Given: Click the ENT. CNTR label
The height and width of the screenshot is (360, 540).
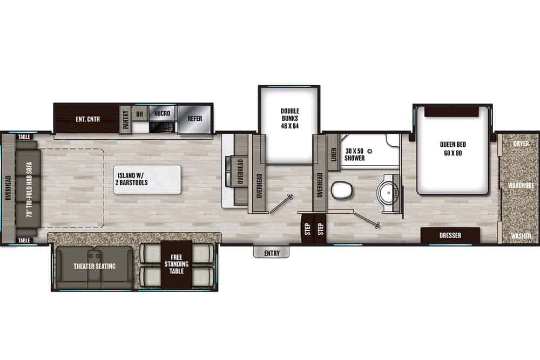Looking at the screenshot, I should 87,118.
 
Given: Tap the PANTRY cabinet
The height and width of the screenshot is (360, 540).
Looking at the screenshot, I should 126,119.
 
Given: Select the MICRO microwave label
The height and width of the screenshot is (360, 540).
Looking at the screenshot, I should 162,113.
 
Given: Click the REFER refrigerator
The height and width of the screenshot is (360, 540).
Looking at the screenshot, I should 194,118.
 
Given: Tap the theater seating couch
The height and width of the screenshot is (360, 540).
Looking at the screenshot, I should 94,266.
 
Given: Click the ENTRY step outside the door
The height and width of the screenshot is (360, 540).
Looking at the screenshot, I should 272,253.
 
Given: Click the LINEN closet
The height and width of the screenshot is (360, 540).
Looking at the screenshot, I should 333,154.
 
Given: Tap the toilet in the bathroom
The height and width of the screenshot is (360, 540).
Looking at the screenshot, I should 341,190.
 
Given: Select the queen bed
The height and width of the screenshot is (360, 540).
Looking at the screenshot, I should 453,148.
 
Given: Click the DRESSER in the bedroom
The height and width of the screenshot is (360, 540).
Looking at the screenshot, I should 450,235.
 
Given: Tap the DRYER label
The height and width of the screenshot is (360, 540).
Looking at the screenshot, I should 521,144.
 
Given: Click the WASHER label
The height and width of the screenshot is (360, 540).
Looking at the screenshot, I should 520,236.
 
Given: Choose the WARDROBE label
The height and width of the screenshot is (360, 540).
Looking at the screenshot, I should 520,186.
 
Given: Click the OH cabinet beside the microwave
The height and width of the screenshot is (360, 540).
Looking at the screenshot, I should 140,113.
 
